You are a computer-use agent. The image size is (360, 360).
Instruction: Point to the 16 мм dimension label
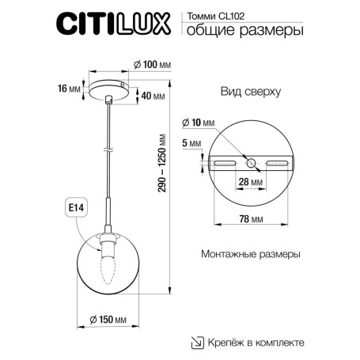pyautogui.click(x=70, y=89)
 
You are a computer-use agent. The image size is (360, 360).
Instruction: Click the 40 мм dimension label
pyautogui.click(x=153, y=96)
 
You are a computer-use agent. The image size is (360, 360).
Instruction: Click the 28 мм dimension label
pyautogui.click(x=252, y=181)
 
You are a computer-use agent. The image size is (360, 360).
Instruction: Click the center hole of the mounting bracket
pyautogui.click(x=252, y=162)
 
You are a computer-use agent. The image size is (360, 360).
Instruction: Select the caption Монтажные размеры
pyautogui.click(x=251, y=256)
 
